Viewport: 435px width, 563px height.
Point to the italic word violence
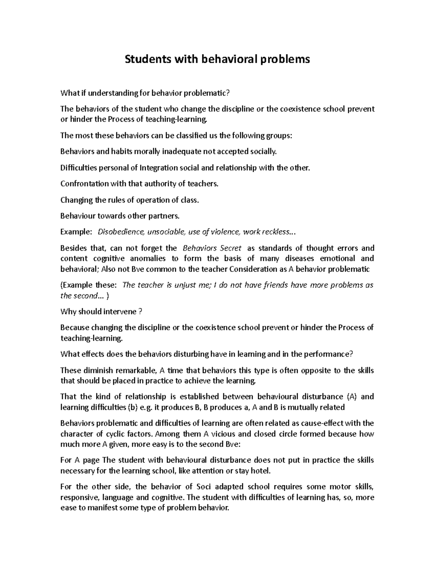point(224,232)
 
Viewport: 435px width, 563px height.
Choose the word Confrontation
point(84,184)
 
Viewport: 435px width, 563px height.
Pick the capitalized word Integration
point(159,168)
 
